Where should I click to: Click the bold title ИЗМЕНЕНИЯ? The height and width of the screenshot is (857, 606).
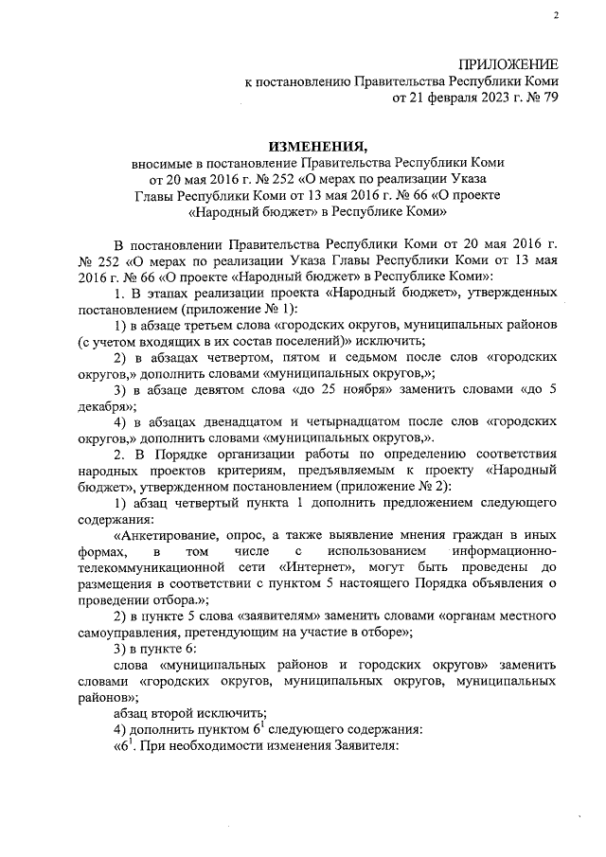tap(317, 147)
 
